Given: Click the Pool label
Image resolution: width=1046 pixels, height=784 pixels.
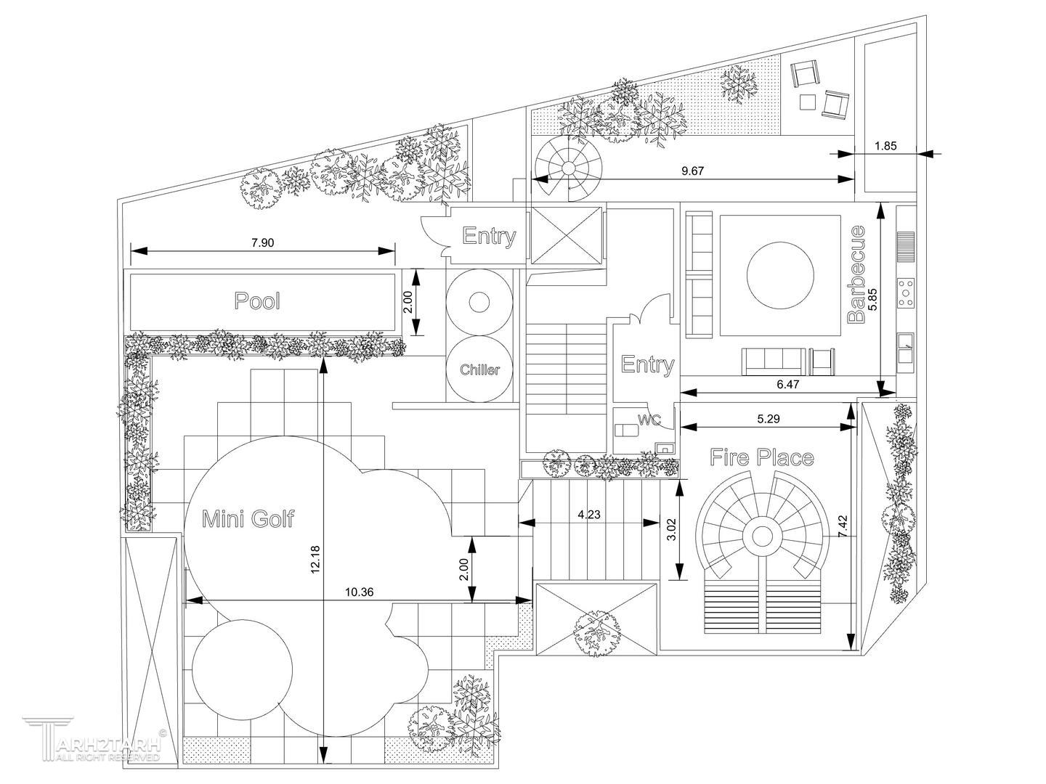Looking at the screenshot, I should coord(257,301).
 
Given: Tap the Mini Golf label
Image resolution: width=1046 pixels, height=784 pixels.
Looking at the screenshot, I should coord(248,519).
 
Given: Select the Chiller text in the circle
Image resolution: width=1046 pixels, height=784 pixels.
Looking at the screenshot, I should coord(479,370).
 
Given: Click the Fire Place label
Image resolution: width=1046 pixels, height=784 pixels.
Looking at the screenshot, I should coord(761,458).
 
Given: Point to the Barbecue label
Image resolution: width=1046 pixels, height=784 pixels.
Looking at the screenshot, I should coord(857,274).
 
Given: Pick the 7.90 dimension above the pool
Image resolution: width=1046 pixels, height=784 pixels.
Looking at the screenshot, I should coord(262,243).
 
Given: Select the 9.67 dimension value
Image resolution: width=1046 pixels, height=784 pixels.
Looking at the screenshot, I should coord(694,171).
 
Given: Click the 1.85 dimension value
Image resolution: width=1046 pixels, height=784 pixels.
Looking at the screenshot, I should coord(885,146).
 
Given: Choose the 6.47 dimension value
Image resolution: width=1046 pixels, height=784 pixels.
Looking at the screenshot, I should coord(787,385).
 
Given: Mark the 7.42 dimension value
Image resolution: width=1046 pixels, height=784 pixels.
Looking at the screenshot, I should coord(843,526).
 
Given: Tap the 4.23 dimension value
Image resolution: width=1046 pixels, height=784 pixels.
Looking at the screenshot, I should coord(589,515).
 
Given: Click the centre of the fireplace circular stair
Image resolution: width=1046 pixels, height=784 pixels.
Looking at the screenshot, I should coord(762,536).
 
